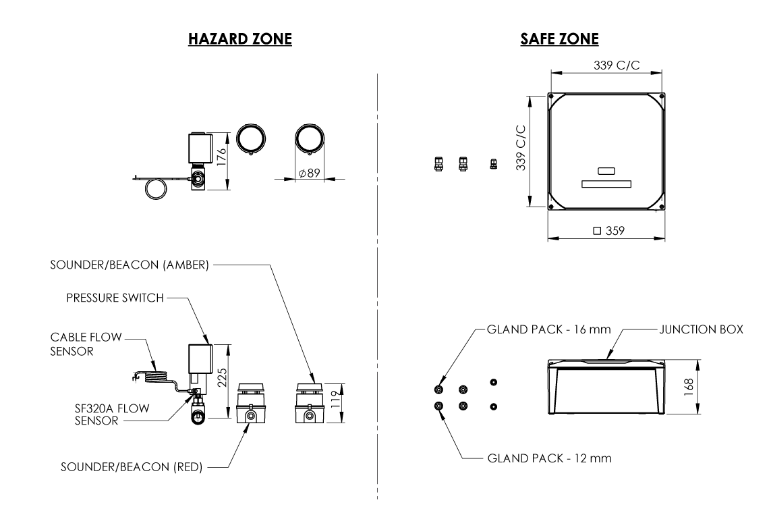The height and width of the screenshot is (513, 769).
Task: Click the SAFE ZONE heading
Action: tap(559, 40)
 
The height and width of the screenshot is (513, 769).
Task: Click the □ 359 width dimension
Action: tap(608, 231)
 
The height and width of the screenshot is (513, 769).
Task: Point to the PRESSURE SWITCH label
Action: tap(115, 298)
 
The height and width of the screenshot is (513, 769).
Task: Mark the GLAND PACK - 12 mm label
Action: tap(548, 459)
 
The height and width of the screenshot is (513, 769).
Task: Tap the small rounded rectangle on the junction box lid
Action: tap(606, 171)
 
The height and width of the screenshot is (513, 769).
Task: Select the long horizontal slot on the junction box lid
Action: tap(606, 184)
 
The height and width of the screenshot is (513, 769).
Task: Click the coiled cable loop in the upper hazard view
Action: tap(157, 188)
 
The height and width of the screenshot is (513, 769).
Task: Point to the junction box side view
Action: tap(606, 388)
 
